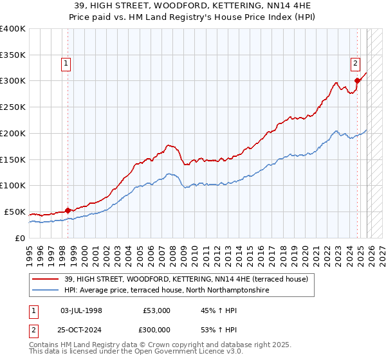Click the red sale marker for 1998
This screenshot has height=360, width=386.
[68, 210]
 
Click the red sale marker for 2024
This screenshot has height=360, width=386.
[357, 80]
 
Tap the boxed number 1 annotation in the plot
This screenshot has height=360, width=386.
[67, 63]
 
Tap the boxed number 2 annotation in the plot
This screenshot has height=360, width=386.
[355, 63]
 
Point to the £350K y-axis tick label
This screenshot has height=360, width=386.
[13, 55]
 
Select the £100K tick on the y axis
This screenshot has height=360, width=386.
[13, 185]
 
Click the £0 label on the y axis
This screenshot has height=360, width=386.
[20, 238]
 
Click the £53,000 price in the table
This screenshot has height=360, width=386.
[157, 310]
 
